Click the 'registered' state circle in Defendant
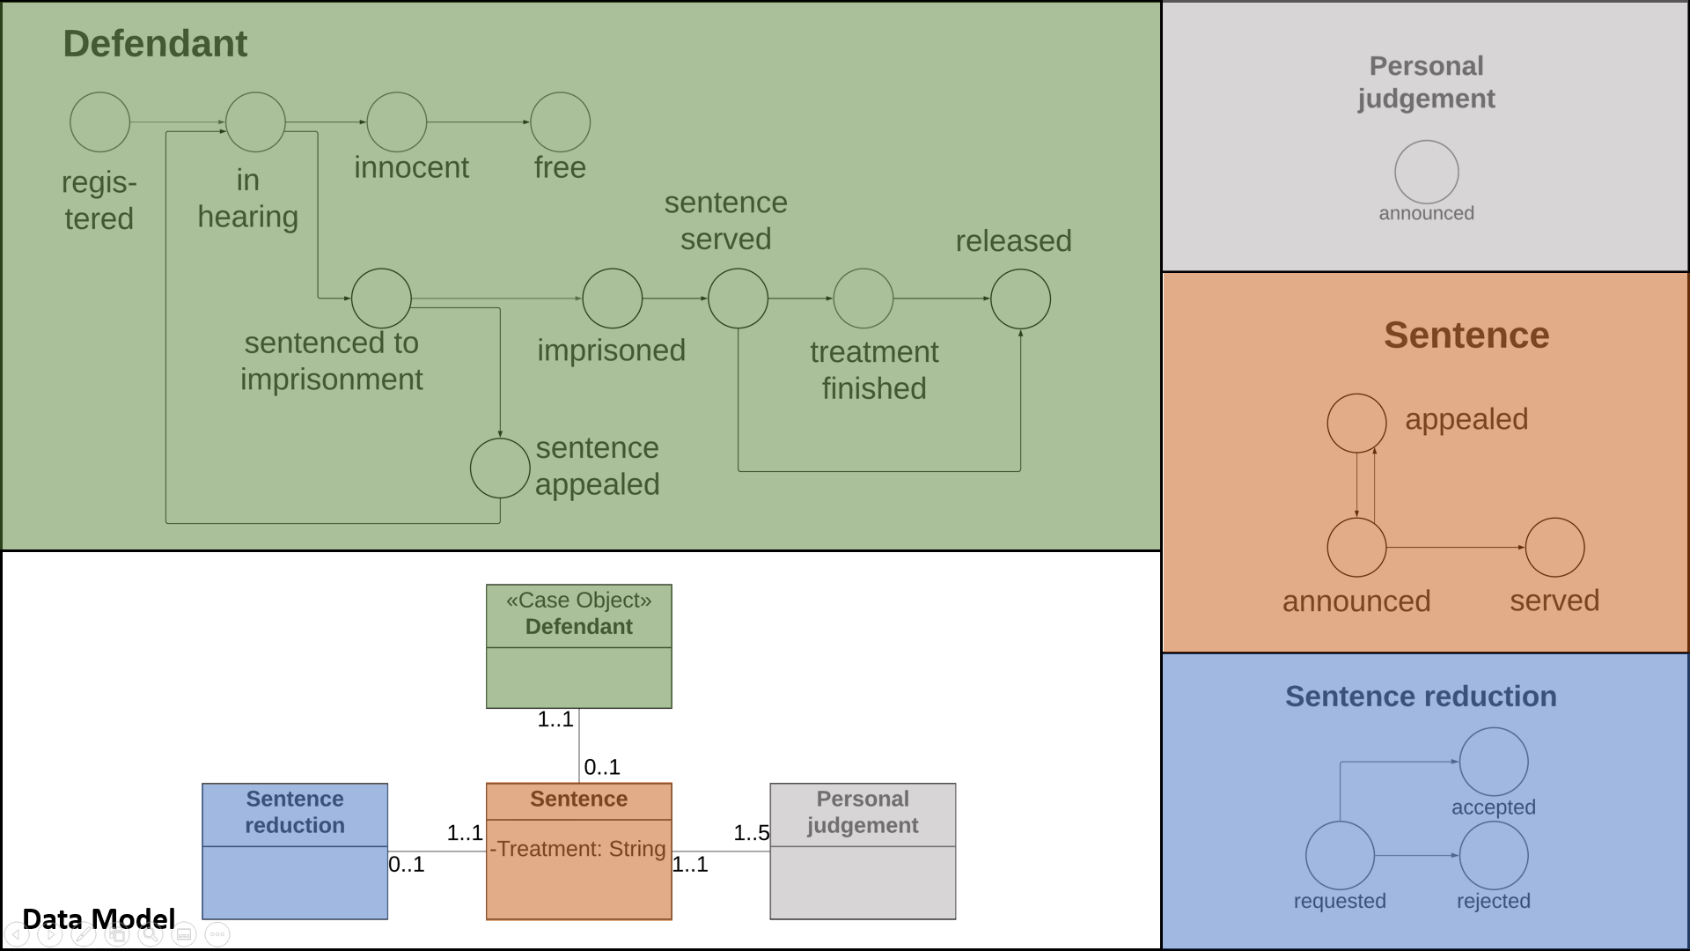99,122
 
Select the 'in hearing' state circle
255,122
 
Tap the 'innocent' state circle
396,122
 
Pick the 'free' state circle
560,122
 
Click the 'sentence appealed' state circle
500,468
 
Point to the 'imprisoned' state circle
612,299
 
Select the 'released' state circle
1020,299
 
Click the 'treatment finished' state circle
863,299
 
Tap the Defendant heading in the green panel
155,44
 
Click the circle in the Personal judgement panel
1426,172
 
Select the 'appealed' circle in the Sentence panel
1356,423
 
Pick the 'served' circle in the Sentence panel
1554,548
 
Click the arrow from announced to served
1455,548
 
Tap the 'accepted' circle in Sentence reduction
1493,762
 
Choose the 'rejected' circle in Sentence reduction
1493,855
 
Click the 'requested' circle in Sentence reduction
1340,855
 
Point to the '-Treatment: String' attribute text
577,849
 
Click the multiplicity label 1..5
751,833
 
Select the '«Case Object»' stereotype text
578,601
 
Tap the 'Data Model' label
99,919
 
